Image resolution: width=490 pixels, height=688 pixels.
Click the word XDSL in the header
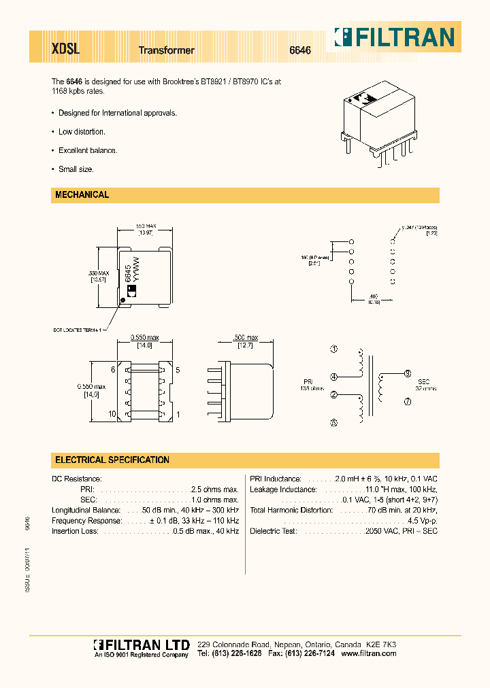pos(66,50)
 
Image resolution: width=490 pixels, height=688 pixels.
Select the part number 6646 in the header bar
pos(300,50)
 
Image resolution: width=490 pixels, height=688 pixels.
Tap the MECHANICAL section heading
pos(82,195)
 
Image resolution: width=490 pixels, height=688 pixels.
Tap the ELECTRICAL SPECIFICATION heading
pos(112,460)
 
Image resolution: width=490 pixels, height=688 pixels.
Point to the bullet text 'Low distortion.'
pos(82,132)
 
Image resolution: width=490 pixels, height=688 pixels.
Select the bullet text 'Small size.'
pos(76,169)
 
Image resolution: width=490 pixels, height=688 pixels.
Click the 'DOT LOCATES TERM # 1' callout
pos(78,330)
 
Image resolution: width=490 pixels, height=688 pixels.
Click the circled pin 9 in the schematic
pos(407,373)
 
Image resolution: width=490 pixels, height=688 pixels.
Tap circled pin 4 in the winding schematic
pos(333,377)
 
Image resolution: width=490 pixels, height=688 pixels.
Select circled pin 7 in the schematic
pos(407,402)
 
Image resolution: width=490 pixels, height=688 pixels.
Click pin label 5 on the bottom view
pos(177,371)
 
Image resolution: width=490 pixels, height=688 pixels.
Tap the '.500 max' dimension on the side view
pos(246,338)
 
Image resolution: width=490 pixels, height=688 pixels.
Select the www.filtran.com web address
pos(368,653)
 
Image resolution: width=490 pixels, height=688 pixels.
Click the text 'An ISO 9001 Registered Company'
pos(141,655)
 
